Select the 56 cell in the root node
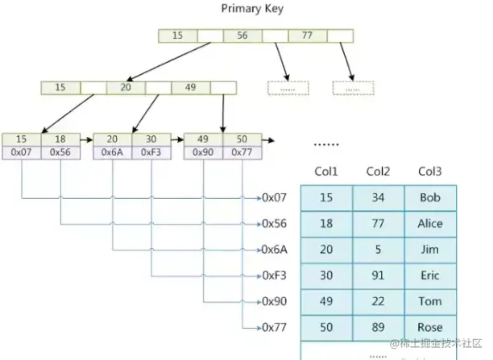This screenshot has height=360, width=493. (242, 35)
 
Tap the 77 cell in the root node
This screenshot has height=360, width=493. (307, 35)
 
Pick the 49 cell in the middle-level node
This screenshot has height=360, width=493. (191, 87)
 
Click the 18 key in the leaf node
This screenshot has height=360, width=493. (60, 139)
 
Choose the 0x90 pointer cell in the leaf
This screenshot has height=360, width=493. (204, 151)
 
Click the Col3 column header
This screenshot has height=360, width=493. (430, 171)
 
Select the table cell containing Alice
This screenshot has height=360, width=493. (430, 223)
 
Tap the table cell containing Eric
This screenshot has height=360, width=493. (430, 275)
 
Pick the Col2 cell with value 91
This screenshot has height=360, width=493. (378, 275)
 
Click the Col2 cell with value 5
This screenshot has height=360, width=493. (378, 250)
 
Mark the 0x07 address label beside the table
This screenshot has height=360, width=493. (275, 197)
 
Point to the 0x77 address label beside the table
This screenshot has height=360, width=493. (275, 327)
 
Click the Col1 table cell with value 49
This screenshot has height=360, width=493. (325, 301)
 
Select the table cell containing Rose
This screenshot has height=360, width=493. (430, 327)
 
